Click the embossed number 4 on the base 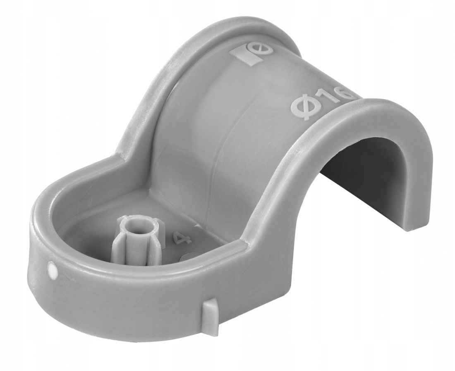click(x=179, y=238)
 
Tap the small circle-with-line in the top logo click(x=266, y=49)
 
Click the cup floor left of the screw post click(x=91, y=231)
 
